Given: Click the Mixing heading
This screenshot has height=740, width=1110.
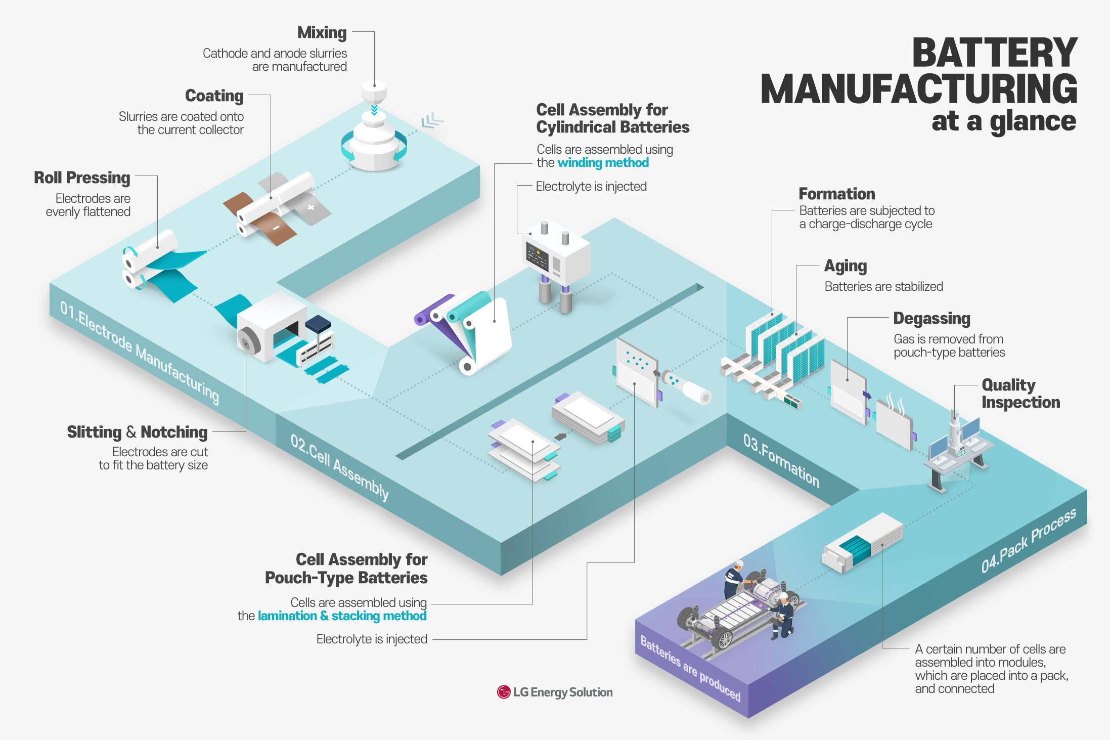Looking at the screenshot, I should click(322, 33).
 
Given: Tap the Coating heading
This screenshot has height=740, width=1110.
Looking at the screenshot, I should click(214, 96).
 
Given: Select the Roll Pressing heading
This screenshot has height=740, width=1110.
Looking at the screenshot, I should click(82, 178).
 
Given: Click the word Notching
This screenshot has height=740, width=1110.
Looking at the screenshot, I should click(174, 432).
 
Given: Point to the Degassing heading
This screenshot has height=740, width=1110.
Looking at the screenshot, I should click(931, 319).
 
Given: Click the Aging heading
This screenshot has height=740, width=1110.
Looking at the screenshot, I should click(846, 266).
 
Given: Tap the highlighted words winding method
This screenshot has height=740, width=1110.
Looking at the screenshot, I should click(603, 163).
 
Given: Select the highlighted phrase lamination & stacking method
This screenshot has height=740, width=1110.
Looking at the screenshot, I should click(342, 616).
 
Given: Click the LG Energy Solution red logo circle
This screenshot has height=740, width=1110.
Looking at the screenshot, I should click(504, 692).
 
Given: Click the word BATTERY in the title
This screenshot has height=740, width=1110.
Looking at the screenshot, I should click(995, 53).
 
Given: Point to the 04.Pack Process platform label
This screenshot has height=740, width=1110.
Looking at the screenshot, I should click(1028, 541).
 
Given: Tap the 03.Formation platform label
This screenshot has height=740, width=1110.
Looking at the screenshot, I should click(781, 460).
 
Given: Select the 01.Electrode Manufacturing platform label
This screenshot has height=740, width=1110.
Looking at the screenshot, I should click(140, 353).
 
